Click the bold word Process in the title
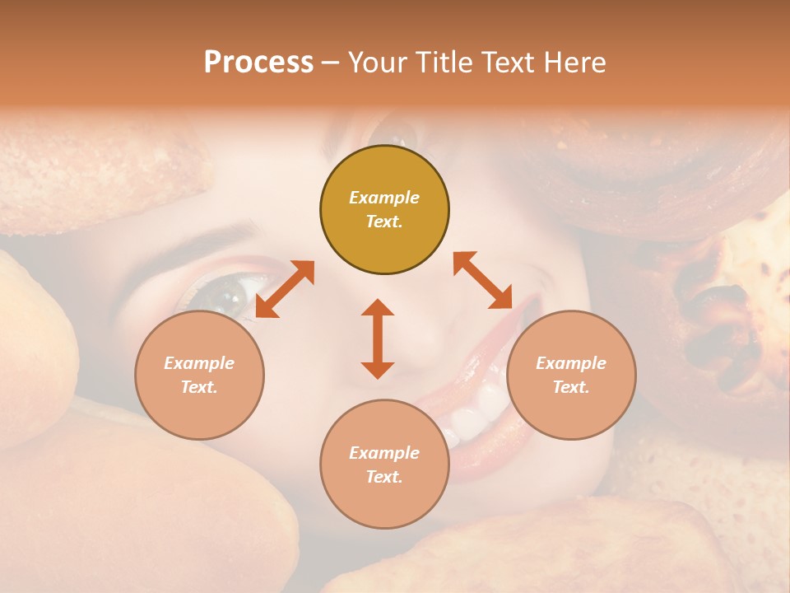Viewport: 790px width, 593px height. [x=258, y=63]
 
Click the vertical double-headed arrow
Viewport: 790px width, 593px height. [x=378, y=339]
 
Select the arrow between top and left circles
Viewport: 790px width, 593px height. [x=285, y=289]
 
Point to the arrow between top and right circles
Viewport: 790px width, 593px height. [x=483, y=280]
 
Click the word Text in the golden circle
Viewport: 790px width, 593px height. [x=383, y=222]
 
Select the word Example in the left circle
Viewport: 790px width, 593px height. [x=199, y=363]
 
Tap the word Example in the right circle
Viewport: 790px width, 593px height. [x=571, y=363]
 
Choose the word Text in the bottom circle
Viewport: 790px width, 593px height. [x=383, y=477]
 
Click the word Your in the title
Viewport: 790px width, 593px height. [x=375, y=63]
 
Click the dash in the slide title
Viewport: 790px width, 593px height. [x=330, y=63]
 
